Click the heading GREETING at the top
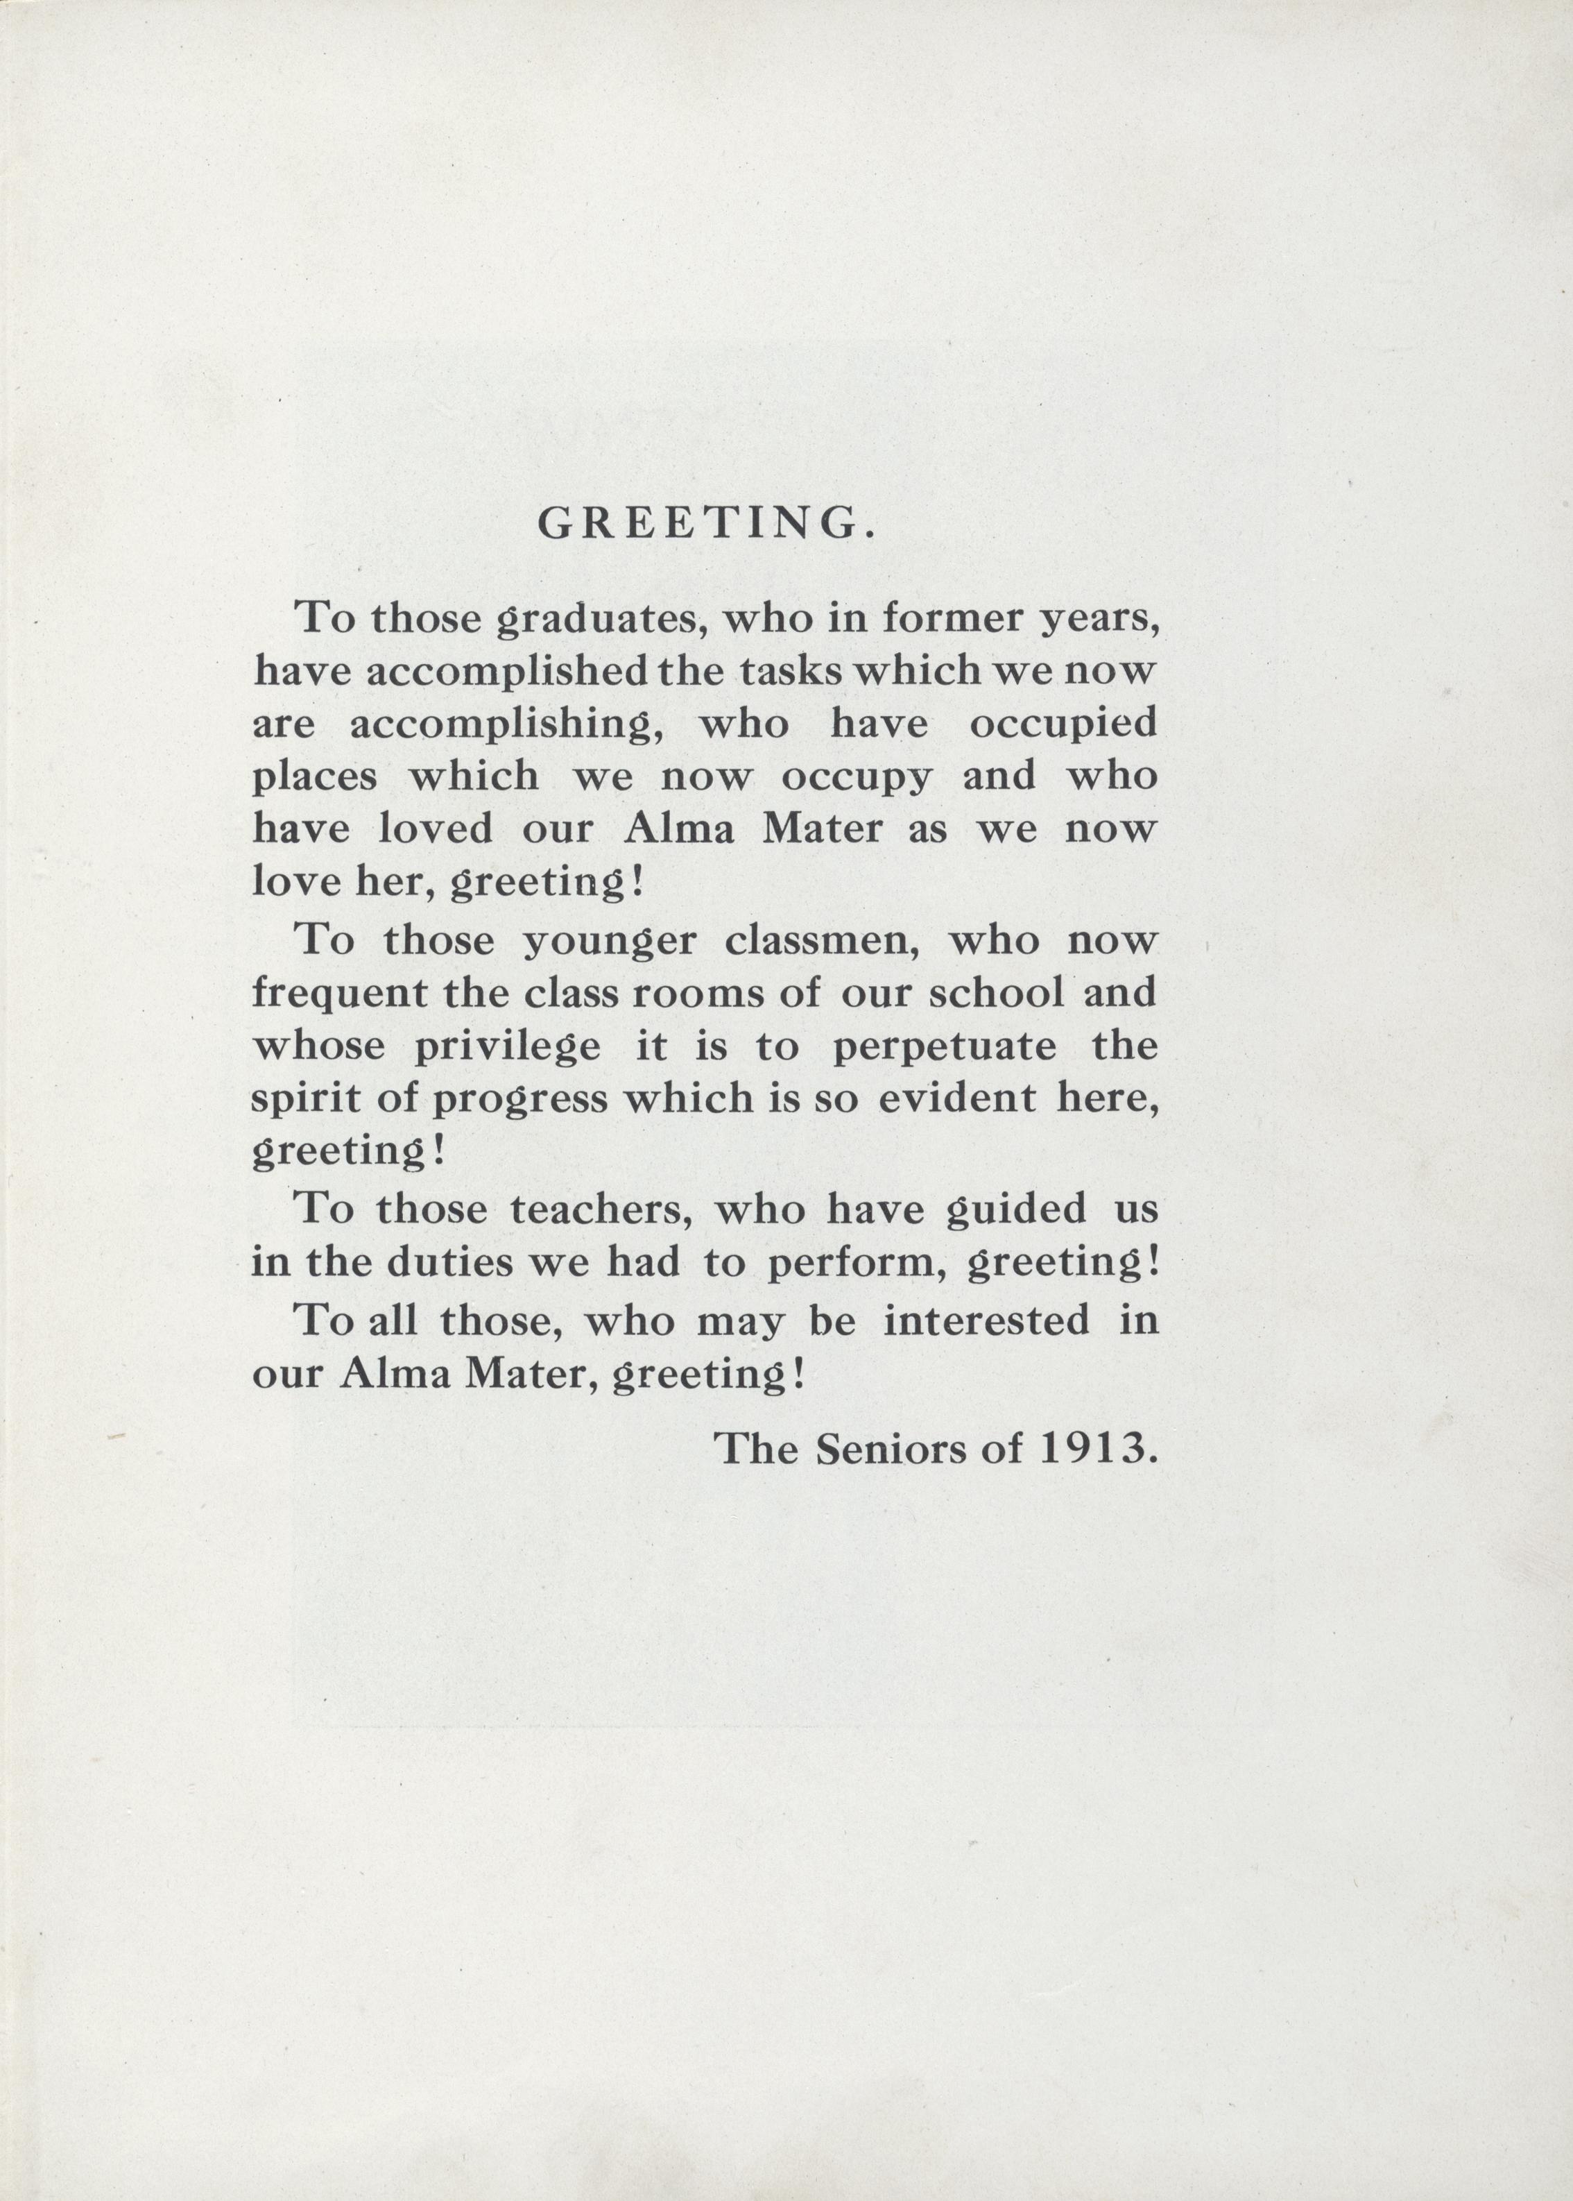point(707,523)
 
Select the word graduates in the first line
point(598,619)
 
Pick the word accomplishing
point(506,724)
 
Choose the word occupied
point(1063,724)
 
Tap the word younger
point(608,942)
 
